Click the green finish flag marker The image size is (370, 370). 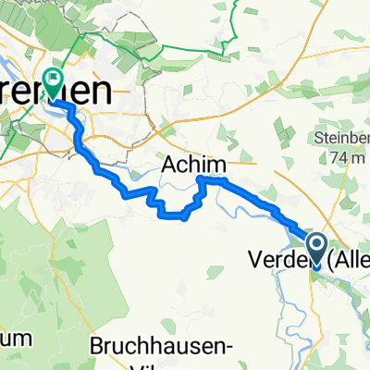[55, 82]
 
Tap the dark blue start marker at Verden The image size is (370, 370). [316, 245]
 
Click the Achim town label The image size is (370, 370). [193, 165]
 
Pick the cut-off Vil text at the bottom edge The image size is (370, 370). [148, 365]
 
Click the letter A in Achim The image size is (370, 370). [170, 165]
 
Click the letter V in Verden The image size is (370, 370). [253, 261]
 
